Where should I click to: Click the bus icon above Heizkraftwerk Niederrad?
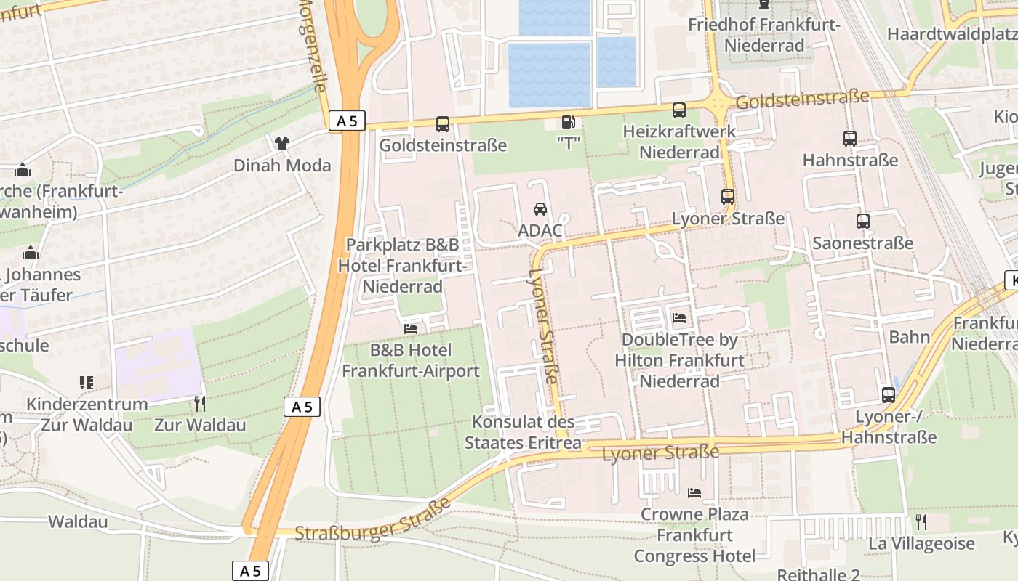(x=678, y=110)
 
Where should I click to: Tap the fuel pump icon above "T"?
(x=568, y=123)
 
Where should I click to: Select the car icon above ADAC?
(x=540, y=209)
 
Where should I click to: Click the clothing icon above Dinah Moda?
(x=282, y=143)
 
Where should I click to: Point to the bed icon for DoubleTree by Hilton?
(x=679, y=318)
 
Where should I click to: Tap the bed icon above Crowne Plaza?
(x=694, y=493)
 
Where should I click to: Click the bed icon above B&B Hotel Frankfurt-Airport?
(x=411, y=329)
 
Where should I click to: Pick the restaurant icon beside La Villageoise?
(x=921, y=521)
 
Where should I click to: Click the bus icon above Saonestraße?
(x=862, y=222)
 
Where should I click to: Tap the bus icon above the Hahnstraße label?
(x=849, y=138)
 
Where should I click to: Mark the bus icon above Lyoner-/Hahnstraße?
(x=888, y=395)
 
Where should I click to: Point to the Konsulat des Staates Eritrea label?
(x=523, y=432)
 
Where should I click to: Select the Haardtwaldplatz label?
(x=952, y=34)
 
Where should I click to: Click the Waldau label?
(x=78, y=521)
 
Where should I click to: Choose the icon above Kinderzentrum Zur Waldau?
(x=86, y=382)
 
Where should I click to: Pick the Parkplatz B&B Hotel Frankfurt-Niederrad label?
(x=402, y=266)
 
